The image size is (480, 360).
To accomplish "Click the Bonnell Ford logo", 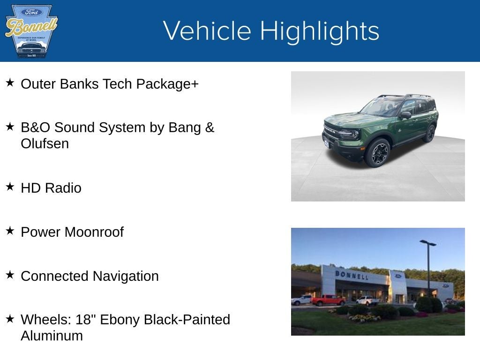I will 31,31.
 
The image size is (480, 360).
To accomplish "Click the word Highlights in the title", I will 319,31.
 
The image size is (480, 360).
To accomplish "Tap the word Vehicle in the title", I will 207,31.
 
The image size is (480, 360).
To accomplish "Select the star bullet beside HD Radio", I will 10,187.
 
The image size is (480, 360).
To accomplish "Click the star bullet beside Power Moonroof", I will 10,231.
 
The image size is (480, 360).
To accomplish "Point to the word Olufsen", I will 45,144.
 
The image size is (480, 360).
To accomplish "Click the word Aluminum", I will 52,336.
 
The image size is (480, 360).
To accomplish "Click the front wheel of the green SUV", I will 378,153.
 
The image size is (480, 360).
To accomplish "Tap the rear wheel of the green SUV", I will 429,134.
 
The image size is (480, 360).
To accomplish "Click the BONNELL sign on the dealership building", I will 351,274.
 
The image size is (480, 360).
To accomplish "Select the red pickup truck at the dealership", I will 328,300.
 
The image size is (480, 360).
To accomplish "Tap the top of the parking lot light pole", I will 427,243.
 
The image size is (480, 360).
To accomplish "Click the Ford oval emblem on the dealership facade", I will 398,276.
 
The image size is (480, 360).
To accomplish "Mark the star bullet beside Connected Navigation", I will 10,275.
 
